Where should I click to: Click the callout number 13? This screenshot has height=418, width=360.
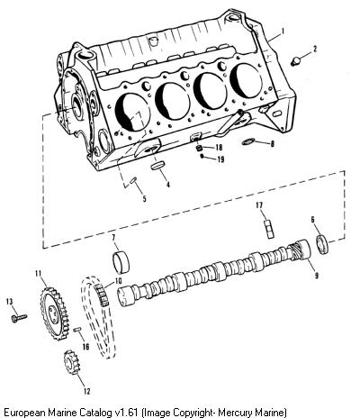click(x=10, y=301)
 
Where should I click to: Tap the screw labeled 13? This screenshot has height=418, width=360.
click(x=19, y=318)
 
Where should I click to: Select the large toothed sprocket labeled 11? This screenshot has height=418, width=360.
click(x=53, y=313)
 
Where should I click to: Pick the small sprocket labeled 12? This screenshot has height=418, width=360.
click(x=71, y=362)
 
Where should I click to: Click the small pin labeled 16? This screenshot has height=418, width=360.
click(x=77, y=330)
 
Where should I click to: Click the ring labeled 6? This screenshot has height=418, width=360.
click(x=323, y=245)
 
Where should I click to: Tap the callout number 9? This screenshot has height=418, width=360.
click(x=316, y=275)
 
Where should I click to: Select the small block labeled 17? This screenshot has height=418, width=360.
click(x=269, y=229)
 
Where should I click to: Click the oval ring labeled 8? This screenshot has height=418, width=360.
click(x=248, y=141)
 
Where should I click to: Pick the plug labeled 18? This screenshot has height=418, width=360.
click(x=199, y=148)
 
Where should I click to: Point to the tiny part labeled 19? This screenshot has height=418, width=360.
click(x=202, y=156)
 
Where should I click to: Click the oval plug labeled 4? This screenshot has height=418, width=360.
click(x=158, y=166)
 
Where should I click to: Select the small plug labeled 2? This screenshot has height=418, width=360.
click(x=295, y=61)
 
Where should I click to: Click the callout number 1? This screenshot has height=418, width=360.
click(x=283, y=31)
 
